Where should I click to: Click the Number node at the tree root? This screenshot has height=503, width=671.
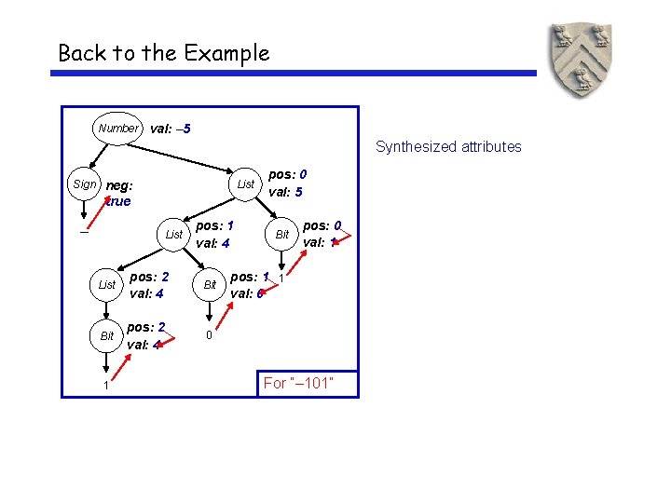coord(118,128)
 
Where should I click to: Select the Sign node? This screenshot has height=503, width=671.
coord(84,184)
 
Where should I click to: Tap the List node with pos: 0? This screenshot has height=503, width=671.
coord(245,184)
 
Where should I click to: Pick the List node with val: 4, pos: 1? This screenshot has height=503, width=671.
coord(173,235)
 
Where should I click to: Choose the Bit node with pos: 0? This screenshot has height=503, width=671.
coord(281,235)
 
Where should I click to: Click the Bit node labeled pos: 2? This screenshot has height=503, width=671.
coord(107,335)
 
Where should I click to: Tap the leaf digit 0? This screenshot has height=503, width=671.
coord(209,334)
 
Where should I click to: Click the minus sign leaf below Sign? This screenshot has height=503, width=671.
coord(84,234)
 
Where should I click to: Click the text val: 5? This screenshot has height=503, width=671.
coord(285,193)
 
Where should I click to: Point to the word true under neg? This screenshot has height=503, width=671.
coord(118,201)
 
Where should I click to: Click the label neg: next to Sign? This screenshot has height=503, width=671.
coord(119,184)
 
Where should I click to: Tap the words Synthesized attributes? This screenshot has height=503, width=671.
coord(448,146)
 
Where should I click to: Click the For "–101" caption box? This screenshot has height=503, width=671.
coord(307,383)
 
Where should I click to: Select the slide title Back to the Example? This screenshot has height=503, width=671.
coord(163,53)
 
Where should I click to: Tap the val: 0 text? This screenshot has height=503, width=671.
coord(247,293)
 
